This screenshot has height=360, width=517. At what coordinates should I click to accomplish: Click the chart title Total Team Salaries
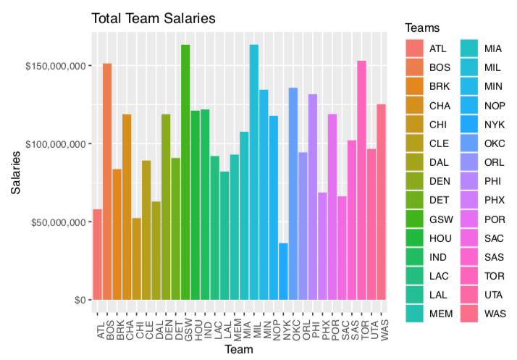(x=153, y=19)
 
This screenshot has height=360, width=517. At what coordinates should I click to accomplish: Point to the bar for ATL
(x=97, y=254)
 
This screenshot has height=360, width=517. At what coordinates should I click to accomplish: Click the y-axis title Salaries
(x=15, y=172)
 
